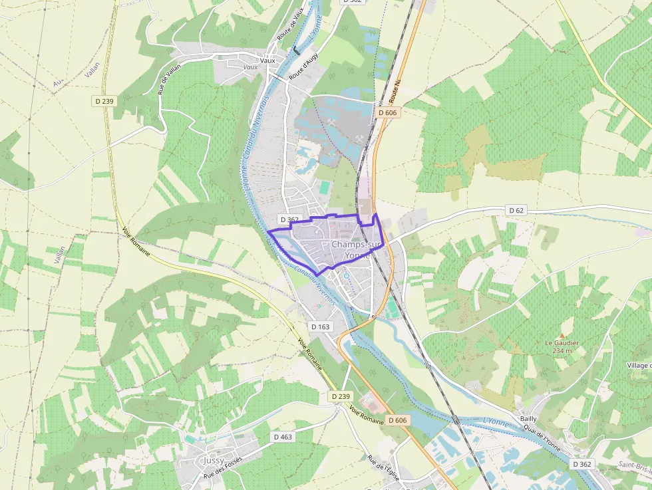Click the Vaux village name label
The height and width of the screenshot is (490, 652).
pyautogui.click(x=267, y=61)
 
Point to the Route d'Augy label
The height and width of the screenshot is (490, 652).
pyautogui.click(x=304, y=66)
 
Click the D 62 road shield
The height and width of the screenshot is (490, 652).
pyautogui.click(x=516, y=210)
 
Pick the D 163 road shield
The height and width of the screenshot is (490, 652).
pyautogui.click(x=320, y=326)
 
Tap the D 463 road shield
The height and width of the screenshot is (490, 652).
pyautogui.click(x=283, y=437)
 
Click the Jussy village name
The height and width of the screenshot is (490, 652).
pyautogui.click(x=214, y=460)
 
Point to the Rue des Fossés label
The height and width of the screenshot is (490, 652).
pyautogui.click(x=223, y=467)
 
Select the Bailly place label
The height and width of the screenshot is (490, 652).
pyautogui.click(x=528, y=419)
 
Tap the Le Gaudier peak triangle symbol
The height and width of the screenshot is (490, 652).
pyautogui.click(x=562, y=336)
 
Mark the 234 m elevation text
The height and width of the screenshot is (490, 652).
pyautogui.click(x=562, y=350)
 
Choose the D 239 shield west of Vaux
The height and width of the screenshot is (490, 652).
pyautogui.click(x=103, y=101)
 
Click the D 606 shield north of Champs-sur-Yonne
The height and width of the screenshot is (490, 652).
pyautogui.click(x=387, y=113)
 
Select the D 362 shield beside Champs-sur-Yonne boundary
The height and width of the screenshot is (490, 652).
pyautogui.click(x=289, y=219)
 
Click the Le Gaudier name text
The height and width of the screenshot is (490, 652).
pyautogui.click(x=562, y=343)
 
